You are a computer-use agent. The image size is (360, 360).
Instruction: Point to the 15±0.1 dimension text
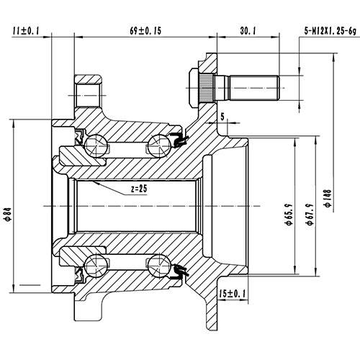(231, 294)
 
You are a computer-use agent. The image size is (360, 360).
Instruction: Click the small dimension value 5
(223, 115)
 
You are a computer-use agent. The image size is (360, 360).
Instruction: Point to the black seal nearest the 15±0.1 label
(181, 272)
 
